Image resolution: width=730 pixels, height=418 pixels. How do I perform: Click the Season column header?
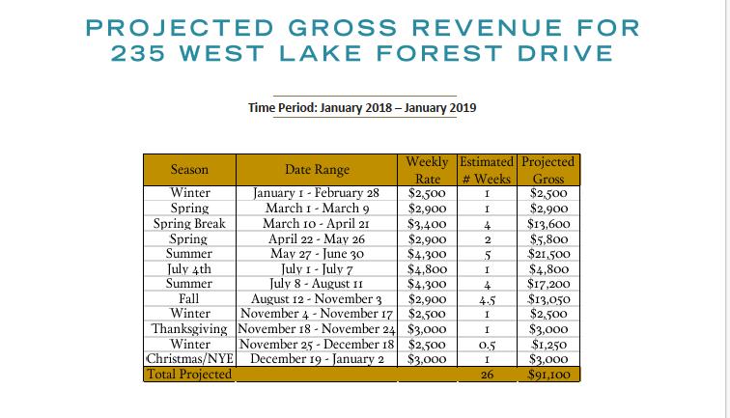[x=189, y=170]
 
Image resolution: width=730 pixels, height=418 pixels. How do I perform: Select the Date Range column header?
[x=318, y=170]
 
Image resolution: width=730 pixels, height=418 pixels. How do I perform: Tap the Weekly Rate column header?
[x=426, y=170]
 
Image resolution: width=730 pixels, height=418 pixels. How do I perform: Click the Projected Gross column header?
[x=547, y=170]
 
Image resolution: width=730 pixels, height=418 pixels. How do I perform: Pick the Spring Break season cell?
[x=189, y=223]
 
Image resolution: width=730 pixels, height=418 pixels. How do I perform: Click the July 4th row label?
[x=189, y=269]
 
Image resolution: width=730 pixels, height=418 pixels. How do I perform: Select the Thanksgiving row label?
[x=189, y=328]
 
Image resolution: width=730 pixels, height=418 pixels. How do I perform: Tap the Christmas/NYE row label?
[x=189, y=358]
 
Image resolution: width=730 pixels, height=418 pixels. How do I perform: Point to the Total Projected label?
[x=189, y=374]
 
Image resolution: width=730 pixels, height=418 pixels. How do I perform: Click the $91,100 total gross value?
[x=547, y=374]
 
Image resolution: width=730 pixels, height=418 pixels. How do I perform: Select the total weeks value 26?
[x=488, y=374]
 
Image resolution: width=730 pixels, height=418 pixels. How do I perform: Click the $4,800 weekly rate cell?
[x=426, y=269]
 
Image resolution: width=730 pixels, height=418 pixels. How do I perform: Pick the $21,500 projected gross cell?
[x=547, y=254]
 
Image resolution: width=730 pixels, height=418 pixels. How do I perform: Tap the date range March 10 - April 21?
[x=318, y=223]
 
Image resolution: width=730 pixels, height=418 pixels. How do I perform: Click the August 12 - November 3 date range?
[x=318, y=299]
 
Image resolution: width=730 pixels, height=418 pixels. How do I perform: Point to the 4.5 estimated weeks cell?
[x=488, y=299]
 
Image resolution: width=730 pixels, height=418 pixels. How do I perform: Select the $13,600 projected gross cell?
[x=547, y=223]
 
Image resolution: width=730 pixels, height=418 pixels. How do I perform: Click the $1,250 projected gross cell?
[x=547, y=344]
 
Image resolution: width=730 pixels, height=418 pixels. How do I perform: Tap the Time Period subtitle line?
[x=362, y=107]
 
